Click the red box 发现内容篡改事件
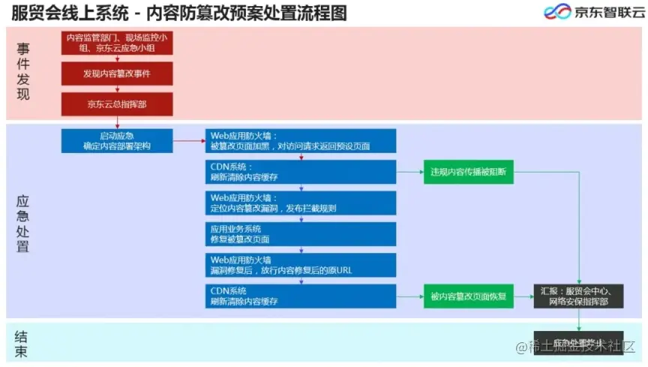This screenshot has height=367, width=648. [117, 74]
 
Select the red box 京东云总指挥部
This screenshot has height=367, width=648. [117, 104]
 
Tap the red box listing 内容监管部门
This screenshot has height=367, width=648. [117, 42]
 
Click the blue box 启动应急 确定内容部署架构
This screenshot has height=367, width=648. [117, 141]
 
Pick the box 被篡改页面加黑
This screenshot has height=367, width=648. [301, 141]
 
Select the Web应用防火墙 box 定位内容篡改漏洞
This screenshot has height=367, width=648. [301, 203]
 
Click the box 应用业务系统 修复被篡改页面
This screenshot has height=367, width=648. [301, 233]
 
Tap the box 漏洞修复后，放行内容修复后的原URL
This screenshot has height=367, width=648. [301, 265]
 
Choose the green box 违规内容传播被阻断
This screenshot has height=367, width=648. [468, 172]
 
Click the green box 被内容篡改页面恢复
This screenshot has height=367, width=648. [468, 296]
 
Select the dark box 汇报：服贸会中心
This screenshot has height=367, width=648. [577, 296]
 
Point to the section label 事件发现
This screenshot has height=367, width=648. [23, 72]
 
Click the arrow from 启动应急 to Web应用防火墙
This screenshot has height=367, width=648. [189, 140]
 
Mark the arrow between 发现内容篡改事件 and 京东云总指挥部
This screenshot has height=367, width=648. [117, 89]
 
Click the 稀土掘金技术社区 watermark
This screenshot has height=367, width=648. [580, 347]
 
